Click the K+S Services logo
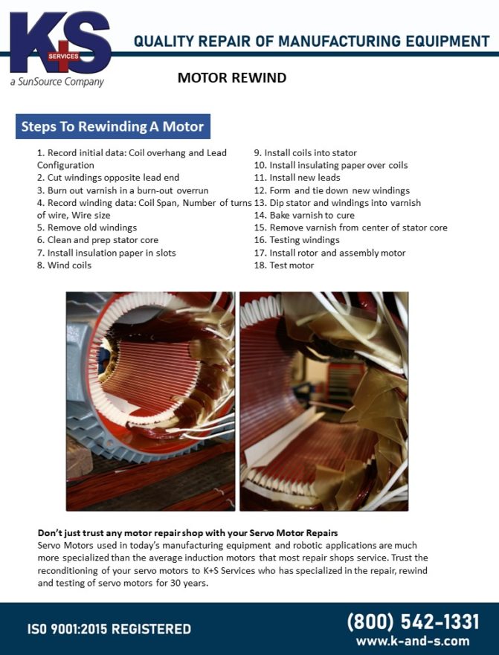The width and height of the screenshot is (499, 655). pyautogui.click(x=59, y=45)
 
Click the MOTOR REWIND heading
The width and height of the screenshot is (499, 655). pyautogui.click(x=231, y=78)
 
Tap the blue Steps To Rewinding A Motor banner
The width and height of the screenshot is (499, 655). pyautogui.click(x=113, y=126)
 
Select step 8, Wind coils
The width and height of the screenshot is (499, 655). pyautogui.click(x=64, y=265)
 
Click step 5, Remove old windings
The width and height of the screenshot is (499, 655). pyautogui.click(x=87, y=228)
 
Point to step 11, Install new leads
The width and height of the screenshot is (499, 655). pyautogui.click(x=297, y=178)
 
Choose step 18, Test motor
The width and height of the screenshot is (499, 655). pyautogui.click(x=284, y=265)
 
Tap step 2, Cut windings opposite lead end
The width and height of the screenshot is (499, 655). pyautogui.click(x=108, y=178)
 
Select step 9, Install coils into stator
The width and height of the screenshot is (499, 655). pyautogui.click(x=306, y=152)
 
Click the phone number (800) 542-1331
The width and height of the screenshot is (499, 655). pyautogui.click(x=413, y=622)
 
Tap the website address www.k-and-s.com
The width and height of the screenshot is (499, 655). pyautogui.click(x=413, y=641)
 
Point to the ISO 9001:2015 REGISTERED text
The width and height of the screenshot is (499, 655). pyautogui.click(x=109, y=630)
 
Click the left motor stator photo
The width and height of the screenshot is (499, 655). pyautogui.click(x=150, y=401)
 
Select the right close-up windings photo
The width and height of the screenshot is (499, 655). pyautogui.click(x=323, y=401)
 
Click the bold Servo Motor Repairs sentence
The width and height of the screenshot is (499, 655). pyautogui.click(x=187, y=533)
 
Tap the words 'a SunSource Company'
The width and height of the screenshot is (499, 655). pyautogui.click(x=57, y=82)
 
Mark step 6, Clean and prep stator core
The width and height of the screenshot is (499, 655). pyautogui.click(x=97, y=240)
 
